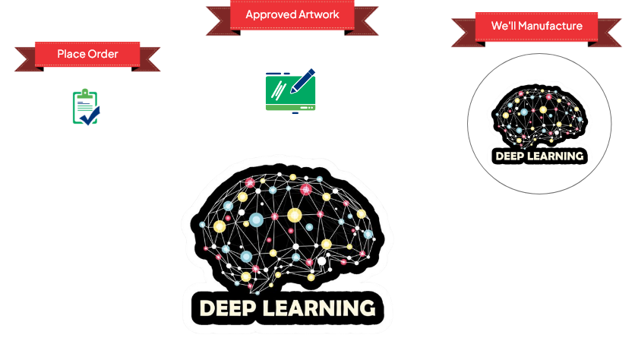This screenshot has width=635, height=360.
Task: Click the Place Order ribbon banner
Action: coord(87,55)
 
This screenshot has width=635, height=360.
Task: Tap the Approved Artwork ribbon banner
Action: coord(292,15)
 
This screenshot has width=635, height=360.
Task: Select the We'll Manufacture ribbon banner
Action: coord(536,27)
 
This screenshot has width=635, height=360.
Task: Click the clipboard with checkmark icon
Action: coord(86,107)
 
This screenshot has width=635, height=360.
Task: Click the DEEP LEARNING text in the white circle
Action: coord(539,156)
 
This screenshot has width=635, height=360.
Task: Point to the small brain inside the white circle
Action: coord(539,116)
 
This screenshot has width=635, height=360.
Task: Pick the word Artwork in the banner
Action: coord(317,15)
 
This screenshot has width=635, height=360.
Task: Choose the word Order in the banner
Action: coord(103,55)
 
